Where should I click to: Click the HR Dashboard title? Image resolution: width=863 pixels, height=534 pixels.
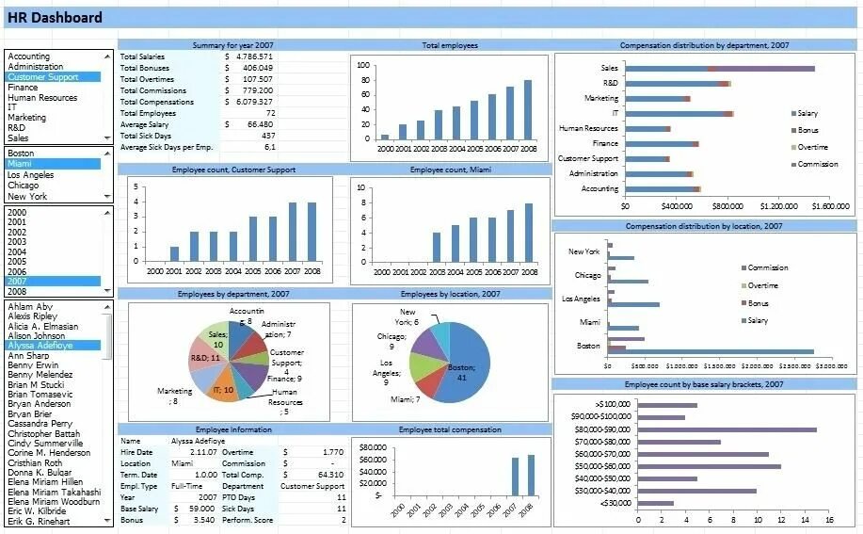pyautogui.click(x=55, y=18)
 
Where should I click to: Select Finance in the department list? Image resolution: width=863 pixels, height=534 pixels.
pyautogui.click(x=24, y=88)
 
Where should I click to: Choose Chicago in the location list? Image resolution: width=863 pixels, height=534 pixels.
pyautogui.click(x=24, y=186)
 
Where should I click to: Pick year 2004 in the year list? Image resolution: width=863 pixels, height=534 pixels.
pyautogui.click(x=17, y=251)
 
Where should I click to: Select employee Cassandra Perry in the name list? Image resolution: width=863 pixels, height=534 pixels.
pyautogui.click(x=40, y=424)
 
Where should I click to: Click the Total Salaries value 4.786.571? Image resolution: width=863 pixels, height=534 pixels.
pyautogui.click(x=254, y=57)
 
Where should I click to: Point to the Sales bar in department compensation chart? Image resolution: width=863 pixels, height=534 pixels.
pyautogui.click(x=719, y=68)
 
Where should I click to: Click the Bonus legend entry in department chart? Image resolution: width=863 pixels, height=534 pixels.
pyautogui.click(x=807, y=130)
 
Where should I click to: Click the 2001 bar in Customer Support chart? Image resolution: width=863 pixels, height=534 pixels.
pyautogui.click(x=174, y=253)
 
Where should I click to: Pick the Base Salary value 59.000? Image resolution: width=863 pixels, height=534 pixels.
pyautogui.click(x=200, y=509)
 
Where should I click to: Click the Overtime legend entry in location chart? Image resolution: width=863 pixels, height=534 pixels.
pyautogui.click(x=762, y=285)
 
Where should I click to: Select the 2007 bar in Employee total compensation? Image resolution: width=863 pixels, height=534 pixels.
pyautogui.click(x=515, y=476)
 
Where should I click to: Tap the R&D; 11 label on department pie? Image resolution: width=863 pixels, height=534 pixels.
pyautogui.click(x=205, y=358)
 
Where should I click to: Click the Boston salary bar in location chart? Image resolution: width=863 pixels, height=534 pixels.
pyautogui.click(x=711, y=351)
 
